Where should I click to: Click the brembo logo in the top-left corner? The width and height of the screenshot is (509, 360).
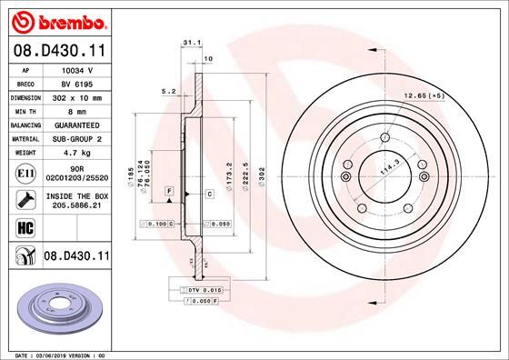point(55,19)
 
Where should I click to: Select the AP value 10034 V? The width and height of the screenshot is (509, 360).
point(77,69)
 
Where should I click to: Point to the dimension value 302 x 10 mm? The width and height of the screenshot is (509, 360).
point(76,96)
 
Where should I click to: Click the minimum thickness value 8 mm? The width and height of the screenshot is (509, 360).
point(76,110)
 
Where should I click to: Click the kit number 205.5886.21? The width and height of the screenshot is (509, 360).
point(76,205)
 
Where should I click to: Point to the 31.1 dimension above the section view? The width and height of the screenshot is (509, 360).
point(191,42)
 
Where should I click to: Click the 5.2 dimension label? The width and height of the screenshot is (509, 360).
point(168,91)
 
